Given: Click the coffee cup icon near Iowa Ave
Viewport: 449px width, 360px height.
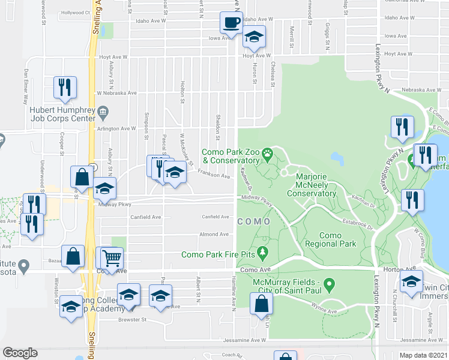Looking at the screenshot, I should [x=232, y=23].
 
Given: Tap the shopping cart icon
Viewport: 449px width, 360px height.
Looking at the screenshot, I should [x=112, y=259].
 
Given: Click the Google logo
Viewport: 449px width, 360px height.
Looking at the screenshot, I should [x=20, y=353].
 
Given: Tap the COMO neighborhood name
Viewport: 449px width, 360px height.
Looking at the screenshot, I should [x=254, y=221].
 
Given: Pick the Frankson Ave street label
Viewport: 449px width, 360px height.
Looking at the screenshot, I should [x=215, y=176].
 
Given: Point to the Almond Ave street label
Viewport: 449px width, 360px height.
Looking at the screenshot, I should [x=215, y=234].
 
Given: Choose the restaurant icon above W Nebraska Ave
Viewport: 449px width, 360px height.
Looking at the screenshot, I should [x=64, y=88].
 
